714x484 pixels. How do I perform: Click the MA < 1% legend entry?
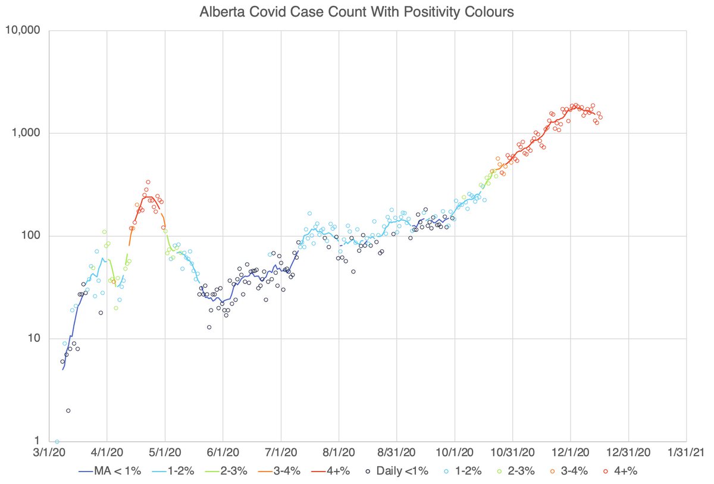coord(109,471)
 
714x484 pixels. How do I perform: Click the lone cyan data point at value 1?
coord(57,442)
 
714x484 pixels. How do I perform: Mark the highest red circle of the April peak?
coord(148,182)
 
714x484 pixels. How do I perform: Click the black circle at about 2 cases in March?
coord(68,411)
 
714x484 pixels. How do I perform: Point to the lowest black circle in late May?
coord(209,327)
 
